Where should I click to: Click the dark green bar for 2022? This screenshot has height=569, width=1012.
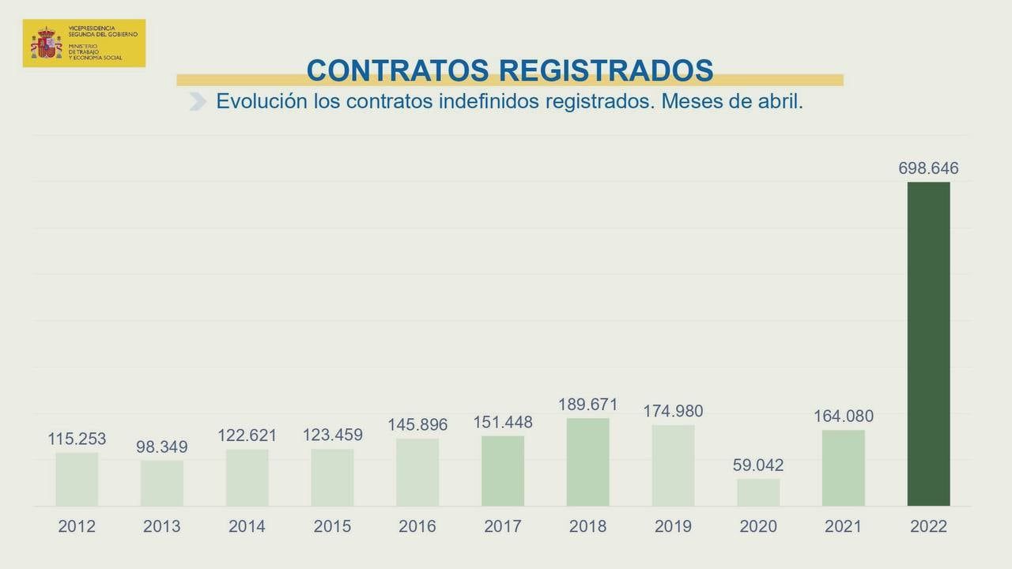pyautogui.click(x=928, y=344)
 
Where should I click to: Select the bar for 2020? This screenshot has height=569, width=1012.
pyautogui.click(x=758, y=492)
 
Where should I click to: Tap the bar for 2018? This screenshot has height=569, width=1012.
pyautogui.click(x=587, y=462)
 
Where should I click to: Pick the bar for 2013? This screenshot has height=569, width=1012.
pyautogui.click(x=162, y=483)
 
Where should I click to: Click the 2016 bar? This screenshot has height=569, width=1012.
pyautogui.click(x=417, y=472)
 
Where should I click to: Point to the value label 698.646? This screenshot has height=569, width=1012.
pyautogui.click(x=928, y=168)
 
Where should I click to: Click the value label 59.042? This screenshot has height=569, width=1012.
pyautogui.click(x=758, y=465)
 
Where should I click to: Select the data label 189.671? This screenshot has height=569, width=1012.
pyautogui.click(x=587, y=405)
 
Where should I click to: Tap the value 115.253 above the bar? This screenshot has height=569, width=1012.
pyautogui.click(x=77, y=439)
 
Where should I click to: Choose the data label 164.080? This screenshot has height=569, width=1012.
pyautogui.click(x=844, y=416)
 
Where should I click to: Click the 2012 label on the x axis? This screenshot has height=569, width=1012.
pyautogui.click(x=77, y=526)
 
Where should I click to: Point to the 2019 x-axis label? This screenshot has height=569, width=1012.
pyautogui.click(x=673, y=526)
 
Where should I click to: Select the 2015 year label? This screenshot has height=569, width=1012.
pyautogui.click(x=332, y=526)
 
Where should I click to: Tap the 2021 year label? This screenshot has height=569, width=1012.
pyautogui.click(x=844, y=526)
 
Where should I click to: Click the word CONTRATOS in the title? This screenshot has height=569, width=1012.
pyautogui.click(x=398, y=70)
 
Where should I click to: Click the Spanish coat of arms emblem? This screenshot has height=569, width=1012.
pyautogui.click(x=46, y=43)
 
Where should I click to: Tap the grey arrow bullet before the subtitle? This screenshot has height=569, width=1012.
pyautogui.click(x=198, y=102)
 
